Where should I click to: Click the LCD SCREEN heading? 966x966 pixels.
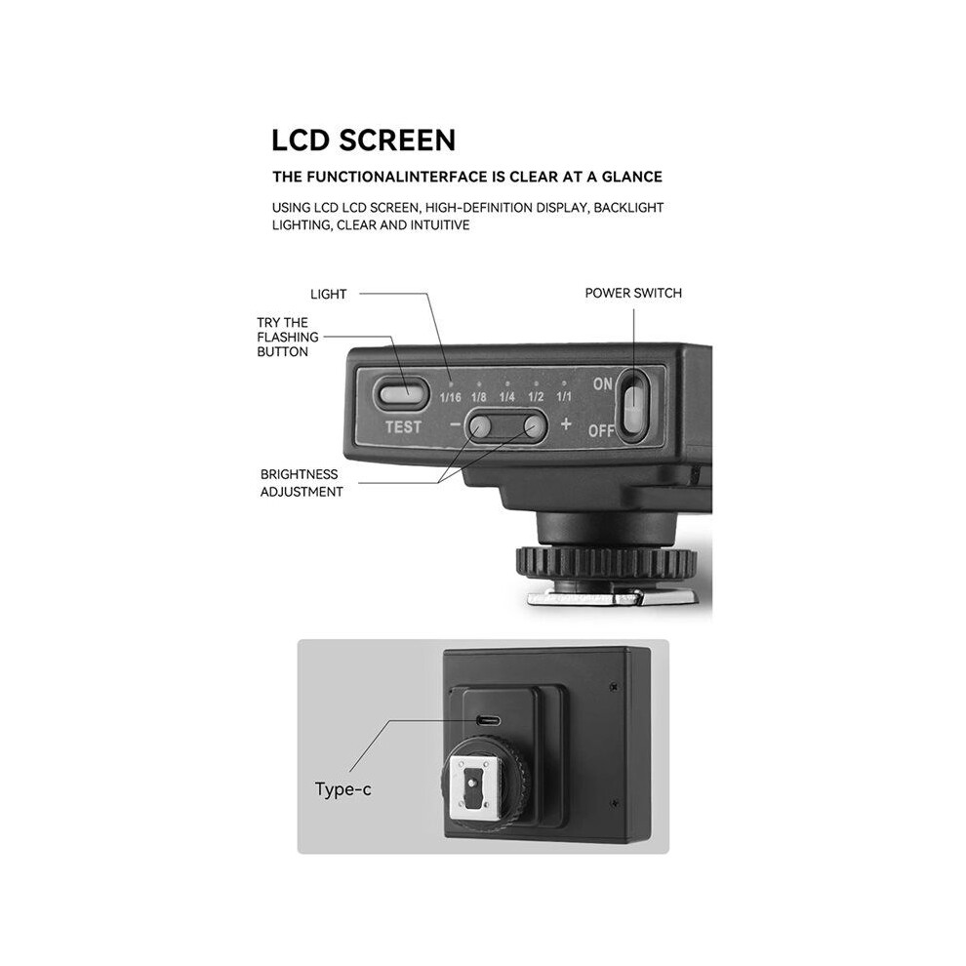click(364, 141)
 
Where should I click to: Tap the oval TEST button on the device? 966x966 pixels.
click(401, 393)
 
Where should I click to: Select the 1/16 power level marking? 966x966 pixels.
click(451, 397)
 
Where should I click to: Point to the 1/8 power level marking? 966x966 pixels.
click(479, 397)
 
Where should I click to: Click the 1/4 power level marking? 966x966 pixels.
click(507, 397)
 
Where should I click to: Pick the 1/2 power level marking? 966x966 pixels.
click(536, 397)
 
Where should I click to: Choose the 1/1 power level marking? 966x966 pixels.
click(564, 397)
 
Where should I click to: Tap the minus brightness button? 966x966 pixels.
click(480, 425)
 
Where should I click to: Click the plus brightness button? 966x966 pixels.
click(534, 425)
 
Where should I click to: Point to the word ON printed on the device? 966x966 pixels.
click(602, 383)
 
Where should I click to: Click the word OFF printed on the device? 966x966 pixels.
click(601, 430)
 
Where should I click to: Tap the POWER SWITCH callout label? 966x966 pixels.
click(633, 294)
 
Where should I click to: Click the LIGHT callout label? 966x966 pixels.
click(329, 295)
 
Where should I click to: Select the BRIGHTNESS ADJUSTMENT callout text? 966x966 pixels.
click(302, 483)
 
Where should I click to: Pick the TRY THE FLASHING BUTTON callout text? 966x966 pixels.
click(288, 337)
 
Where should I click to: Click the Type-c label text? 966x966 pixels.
click(343, 789)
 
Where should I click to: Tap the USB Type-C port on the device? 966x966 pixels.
click(488, 721)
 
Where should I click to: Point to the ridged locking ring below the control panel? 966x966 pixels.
click(606, 561)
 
